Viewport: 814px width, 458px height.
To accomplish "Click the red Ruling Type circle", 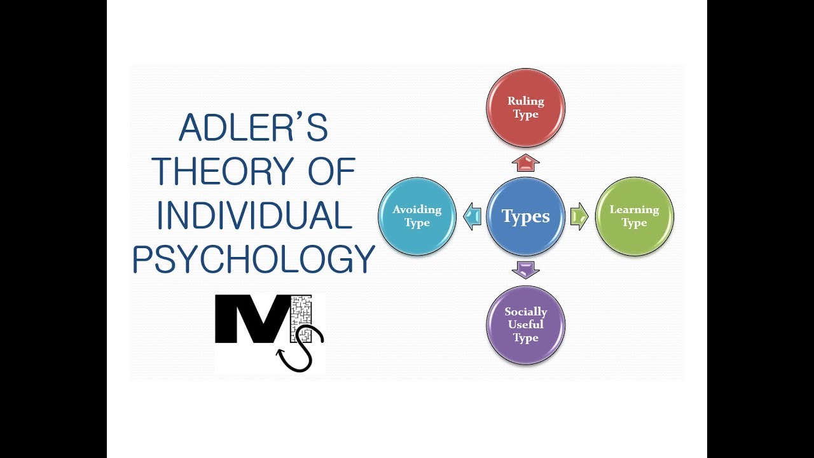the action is click(x=525, y=108).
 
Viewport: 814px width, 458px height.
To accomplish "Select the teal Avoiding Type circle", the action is click(x=417, y=216).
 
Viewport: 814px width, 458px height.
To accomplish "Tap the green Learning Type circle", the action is click(x=634, y=216).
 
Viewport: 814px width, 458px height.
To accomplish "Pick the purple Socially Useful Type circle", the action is click(x=525, y=324).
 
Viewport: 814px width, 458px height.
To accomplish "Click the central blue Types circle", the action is click(x=525, y=216).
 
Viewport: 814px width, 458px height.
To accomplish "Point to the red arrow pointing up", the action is click(x=525, y=163).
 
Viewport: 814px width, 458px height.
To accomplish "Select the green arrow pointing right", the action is click(x=579, y=216).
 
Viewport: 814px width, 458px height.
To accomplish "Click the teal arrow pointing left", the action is click(x=472, y=216).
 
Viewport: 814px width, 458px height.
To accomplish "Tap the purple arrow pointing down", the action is click(x=525, y=269).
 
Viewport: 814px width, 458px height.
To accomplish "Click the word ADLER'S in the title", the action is click(x=253, y=128).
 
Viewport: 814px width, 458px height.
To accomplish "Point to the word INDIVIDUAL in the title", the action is click(x=254, y=216).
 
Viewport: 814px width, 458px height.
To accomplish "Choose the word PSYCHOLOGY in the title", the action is click(x=253, y=260).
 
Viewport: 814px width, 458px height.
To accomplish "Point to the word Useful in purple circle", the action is click(x=525, y=324).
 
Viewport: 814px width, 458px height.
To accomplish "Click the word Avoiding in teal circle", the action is click(x=417, y=209).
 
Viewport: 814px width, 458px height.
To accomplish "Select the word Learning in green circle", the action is click(x=634, y=209).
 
